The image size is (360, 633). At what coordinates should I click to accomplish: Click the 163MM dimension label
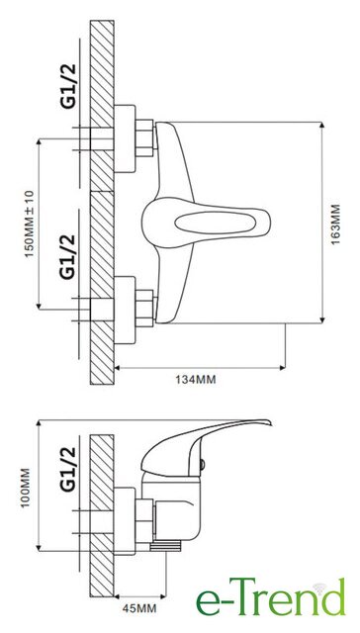[335, 225]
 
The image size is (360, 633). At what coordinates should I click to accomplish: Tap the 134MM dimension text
[196, 380]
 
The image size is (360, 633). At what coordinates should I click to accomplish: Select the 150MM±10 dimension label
[31, 225]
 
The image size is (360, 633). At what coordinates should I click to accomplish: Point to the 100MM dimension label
[25, 488]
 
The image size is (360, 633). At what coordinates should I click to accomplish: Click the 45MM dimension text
[139, 608]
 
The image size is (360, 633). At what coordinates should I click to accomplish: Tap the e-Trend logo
[271, 597]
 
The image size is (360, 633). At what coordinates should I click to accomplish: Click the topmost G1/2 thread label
[68, 86]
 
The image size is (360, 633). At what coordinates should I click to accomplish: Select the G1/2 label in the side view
[68, 469]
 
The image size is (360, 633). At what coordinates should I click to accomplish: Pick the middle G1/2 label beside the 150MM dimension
[68, 257]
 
